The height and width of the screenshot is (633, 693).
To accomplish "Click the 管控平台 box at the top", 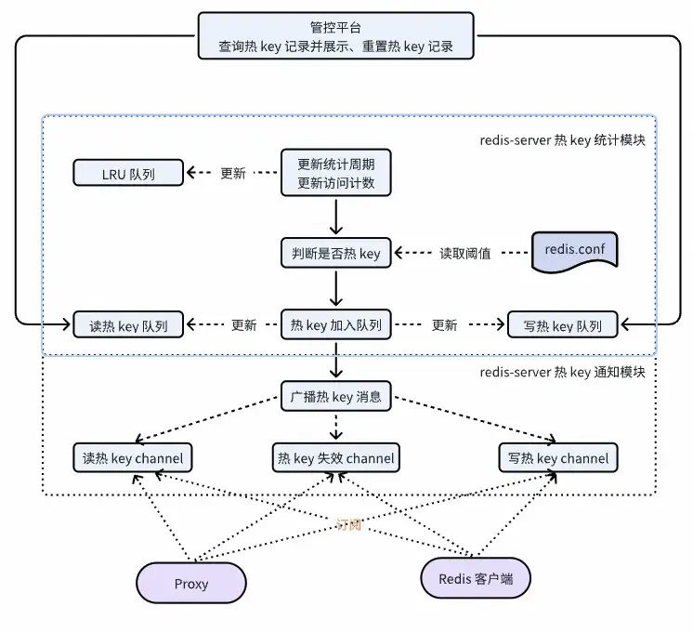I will coord(335,35).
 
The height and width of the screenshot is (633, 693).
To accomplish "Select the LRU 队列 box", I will coord(128,172).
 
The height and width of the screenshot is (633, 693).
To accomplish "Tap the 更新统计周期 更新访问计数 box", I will coord(336,173).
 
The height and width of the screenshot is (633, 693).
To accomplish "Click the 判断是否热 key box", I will coord(336,253).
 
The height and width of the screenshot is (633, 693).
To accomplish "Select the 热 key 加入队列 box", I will coord(336,325).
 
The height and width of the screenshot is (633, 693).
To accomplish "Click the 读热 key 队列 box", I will coord(128,325).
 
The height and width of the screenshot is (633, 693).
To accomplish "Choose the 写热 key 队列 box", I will coord(563,325).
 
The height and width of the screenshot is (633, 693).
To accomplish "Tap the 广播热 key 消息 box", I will coord(336,397).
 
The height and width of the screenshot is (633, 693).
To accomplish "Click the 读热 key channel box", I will coord(133,458).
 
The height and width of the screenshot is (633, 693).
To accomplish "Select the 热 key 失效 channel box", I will coord(335,458).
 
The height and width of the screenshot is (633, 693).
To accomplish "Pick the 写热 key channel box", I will coord(558,458).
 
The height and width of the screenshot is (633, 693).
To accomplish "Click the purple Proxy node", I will coord(191,584).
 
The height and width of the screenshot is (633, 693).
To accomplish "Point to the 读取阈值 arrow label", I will coord(464,253).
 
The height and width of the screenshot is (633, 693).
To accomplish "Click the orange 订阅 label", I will coord(348,525).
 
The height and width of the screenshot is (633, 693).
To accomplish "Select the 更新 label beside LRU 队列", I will coord(233,173).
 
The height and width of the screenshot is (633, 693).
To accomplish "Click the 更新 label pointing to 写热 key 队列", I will coord(445,325).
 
